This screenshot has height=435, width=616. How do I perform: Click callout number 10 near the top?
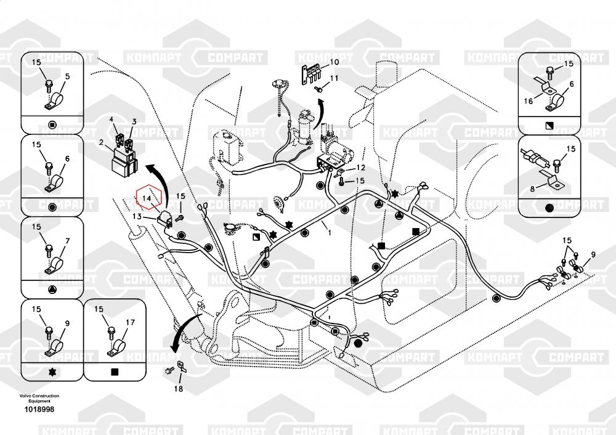[x=334, y=62]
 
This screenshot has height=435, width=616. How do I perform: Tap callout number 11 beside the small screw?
[x=334, y=78]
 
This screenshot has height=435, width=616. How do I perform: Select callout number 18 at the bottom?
[x=178, y=388]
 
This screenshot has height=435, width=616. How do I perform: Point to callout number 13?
[x=137, y=216]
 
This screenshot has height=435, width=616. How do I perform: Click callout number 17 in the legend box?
[x=130, y=322]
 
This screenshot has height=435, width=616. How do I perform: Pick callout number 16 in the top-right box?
[x=528, y=101]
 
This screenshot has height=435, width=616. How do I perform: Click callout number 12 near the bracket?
[x=360, y=168]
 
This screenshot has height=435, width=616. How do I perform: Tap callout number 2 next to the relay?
[x=100, y=142]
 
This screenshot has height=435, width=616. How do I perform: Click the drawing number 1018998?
[x=39, y=410]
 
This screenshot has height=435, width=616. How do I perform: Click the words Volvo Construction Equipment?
[x=39, y=398]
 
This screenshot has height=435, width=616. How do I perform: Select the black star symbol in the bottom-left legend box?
[x=52, y=372]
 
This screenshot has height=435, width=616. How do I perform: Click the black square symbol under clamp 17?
[x=114, y=372]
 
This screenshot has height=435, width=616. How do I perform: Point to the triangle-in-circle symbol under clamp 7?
[x=52, y=289]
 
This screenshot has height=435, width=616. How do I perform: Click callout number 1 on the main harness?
[x=329, y=233]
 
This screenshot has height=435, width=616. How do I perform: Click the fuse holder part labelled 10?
[x=311, y=71]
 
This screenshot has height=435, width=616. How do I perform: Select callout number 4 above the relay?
[x=111, y=119]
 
